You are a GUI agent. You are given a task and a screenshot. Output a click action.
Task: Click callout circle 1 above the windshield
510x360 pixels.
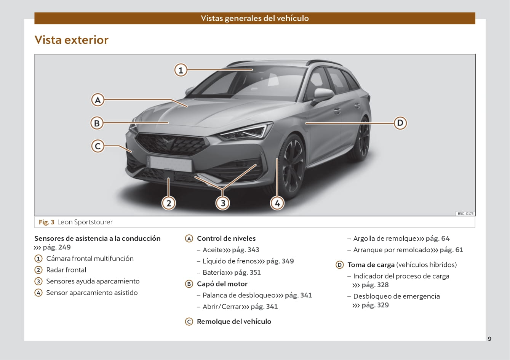(181, 70)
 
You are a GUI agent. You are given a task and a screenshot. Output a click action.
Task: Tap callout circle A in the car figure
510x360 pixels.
(98, 100)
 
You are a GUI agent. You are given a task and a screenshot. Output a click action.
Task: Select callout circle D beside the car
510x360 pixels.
(400, 123)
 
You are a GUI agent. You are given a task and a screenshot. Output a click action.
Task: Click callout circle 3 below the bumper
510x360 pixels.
(223, 203)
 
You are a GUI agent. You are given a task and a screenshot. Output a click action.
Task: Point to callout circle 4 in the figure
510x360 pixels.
(277, 203)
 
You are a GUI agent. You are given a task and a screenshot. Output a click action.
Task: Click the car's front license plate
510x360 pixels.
(170, 163)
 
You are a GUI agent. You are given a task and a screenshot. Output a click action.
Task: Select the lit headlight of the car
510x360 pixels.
(246, 131)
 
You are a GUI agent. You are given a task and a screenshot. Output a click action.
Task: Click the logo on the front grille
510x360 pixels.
(168, 142)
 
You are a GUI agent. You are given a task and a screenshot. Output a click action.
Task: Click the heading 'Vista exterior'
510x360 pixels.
(72, 40)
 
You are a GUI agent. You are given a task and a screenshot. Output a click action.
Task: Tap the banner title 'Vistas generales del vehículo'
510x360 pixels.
(255, 18)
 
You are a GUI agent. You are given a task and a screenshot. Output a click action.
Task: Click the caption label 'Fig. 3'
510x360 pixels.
(46, 222)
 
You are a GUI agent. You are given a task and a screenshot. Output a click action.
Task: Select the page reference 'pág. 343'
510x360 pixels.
(245, 250)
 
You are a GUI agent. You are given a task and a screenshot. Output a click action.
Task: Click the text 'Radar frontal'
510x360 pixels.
(66, 270)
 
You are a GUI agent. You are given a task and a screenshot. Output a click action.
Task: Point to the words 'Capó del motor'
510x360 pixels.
(222, 284)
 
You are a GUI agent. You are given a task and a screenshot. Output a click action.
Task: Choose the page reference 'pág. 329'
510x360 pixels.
(375, 305)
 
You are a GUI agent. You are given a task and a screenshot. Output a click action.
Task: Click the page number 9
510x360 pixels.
(489, 339)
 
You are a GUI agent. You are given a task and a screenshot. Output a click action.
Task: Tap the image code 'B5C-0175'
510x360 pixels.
(465, 214)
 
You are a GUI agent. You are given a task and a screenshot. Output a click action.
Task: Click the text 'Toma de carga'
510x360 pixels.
(371, 265)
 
